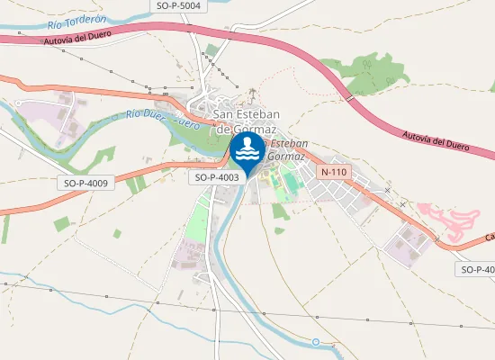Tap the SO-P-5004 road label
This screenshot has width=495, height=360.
177,5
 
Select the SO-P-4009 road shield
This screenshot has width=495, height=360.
86,183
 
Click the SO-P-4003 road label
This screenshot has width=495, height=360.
217,178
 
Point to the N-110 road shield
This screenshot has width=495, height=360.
334,172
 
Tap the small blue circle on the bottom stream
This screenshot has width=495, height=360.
316,342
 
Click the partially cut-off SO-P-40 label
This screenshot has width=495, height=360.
477,269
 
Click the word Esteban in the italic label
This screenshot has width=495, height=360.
290,144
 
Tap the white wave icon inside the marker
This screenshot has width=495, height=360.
247,153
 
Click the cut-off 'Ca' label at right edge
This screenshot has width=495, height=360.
490,238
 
